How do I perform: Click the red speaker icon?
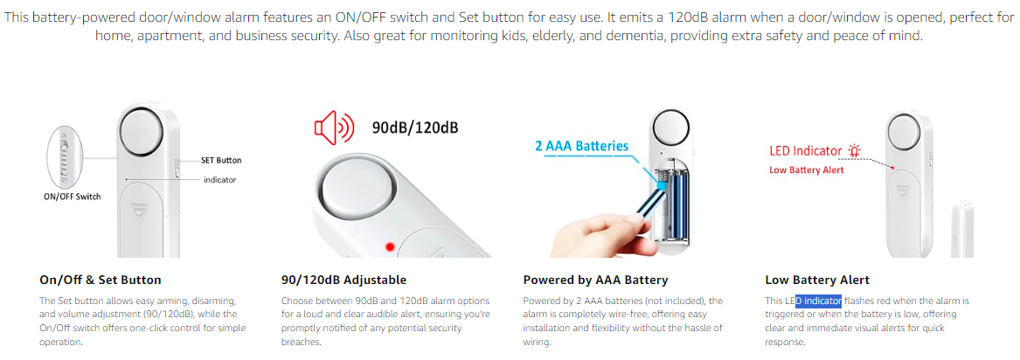(334, 127)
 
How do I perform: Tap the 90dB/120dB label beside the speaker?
(415, 127)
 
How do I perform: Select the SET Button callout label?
(221, 160)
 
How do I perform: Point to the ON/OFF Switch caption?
(73, 197)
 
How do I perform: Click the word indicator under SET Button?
(220, 179)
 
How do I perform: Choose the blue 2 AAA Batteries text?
(581, 146)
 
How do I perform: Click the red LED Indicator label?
(805, 151)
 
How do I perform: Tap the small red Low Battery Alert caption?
(807, 170)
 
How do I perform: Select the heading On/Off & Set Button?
(101, 280)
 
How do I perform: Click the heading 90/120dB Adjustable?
(343, 280)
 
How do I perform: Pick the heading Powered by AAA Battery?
(595, 280)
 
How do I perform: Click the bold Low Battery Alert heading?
(817, 280)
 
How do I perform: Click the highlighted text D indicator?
(818, 301)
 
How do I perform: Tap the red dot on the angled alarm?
(390, 247)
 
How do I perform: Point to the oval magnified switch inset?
(65, 156)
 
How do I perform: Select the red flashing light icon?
(854, 151)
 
